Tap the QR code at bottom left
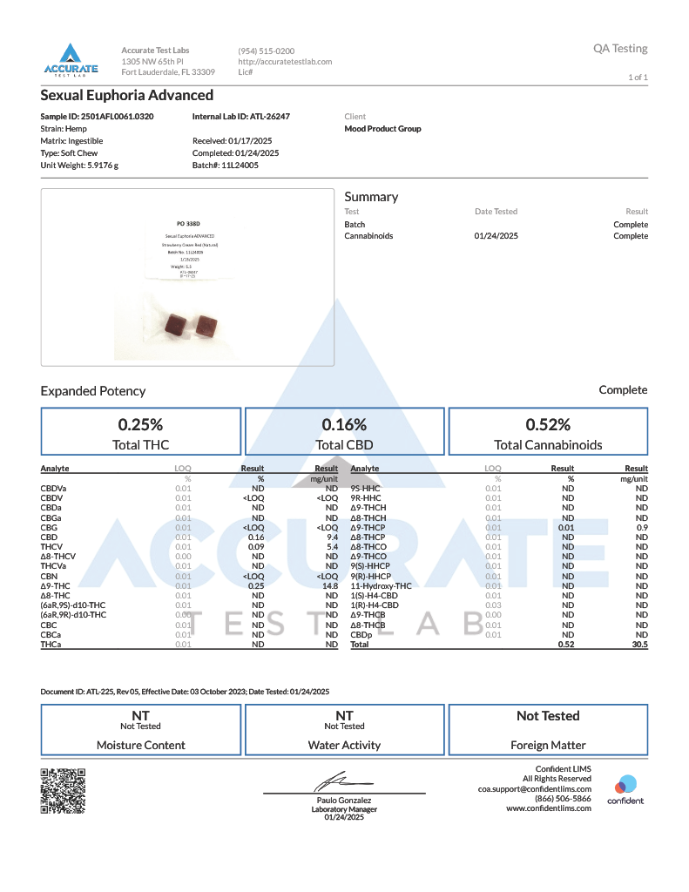[63, 790]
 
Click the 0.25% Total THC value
[141, 425]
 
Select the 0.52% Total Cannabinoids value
[548, 425]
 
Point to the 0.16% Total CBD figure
[344, 425]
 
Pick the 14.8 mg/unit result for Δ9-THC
[329, 585]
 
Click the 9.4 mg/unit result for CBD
[331, 537]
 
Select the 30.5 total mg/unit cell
[639, 645]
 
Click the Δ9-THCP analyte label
[368, 528]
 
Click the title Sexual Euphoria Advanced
[127, 96]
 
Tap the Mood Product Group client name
[383, 129]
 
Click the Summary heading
[371, 197]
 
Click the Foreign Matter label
[548, 745]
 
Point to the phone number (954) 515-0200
[266, 51]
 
